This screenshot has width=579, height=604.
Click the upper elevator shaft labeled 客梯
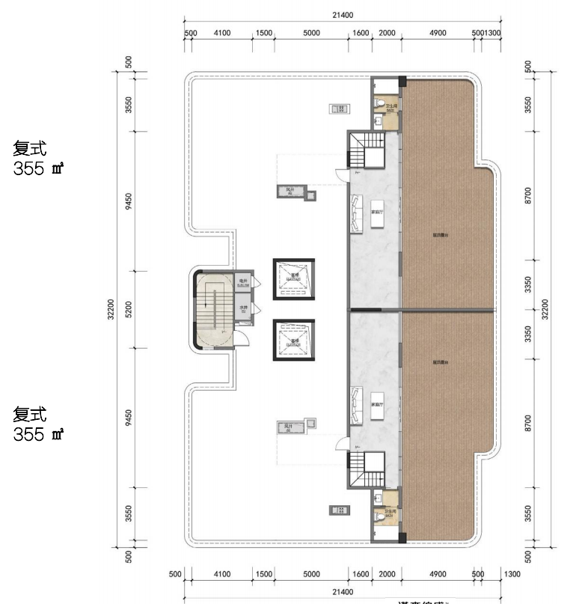pos(293,279)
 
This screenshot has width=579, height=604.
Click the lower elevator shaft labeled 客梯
pos(293,341)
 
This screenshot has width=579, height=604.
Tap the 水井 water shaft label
pos(244,308)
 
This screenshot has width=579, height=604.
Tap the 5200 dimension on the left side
pos(129,308)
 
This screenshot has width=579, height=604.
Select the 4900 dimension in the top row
pos(438,33)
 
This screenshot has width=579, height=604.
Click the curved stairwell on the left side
pos(212,308)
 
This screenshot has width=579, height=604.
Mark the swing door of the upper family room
pos(343,175)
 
